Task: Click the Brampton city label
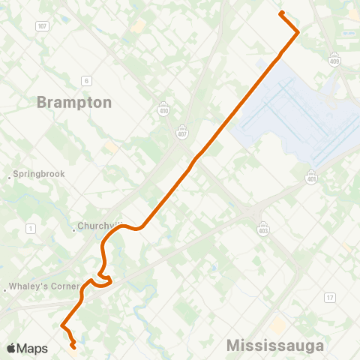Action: click(74, 103)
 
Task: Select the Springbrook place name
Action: click(39, 174)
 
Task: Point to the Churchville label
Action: click(100, 226)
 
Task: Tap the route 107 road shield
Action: click(42, 26)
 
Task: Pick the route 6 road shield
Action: click(87, 81)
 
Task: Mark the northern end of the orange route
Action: click(281, 13)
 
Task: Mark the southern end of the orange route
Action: click(73, 346)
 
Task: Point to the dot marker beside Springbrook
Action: click(9, 177)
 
